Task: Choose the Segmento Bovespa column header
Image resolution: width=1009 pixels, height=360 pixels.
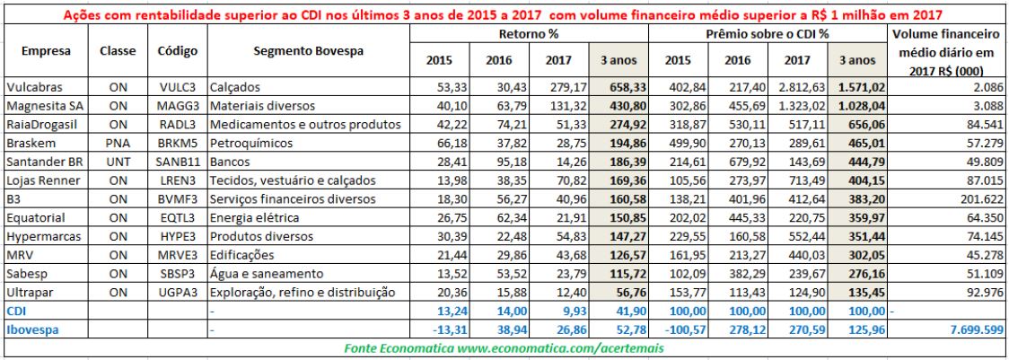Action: (x=308, y=52)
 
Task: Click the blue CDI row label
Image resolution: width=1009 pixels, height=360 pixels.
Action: (x=16, y=311)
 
